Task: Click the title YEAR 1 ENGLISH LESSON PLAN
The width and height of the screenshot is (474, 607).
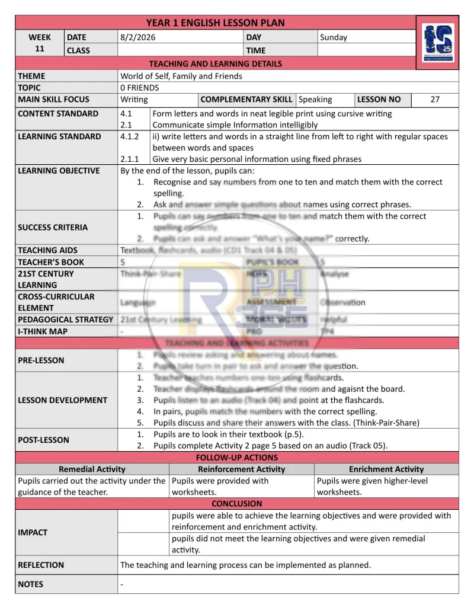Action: click(215, 23)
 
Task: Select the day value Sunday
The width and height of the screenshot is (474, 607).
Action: click(334, 37)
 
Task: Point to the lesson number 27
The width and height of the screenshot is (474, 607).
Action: click(435, 100)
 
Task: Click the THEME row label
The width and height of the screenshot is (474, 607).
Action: click(31, 76)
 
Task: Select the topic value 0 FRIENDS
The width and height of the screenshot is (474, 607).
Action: click(140, 88)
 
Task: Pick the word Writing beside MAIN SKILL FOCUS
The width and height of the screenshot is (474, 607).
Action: click(134, 100)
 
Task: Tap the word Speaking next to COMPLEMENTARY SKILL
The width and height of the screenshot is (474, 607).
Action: click(315, 100)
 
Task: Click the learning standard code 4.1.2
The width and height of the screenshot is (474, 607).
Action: click(130, 136)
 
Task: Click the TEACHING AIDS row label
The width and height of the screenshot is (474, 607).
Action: click(47, 250)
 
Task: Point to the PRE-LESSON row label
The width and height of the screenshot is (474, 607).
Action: click(41, 360)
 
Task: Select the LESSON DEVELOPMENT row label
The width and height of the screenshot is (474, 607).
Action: click(63, 400)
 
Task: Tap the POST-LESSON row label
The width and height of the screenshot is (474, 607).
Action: click(43, 440)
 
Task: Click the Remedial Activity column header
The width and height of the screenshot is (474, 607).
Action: click(92, 469)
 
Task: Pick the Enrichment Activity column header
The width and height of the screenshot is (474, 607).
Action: click(386, 469)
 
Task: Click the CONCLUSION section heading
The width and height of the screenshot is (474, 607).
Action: click(237, 504)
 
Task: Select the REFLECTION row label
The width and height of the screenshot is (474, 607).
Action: click(41, 565)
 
